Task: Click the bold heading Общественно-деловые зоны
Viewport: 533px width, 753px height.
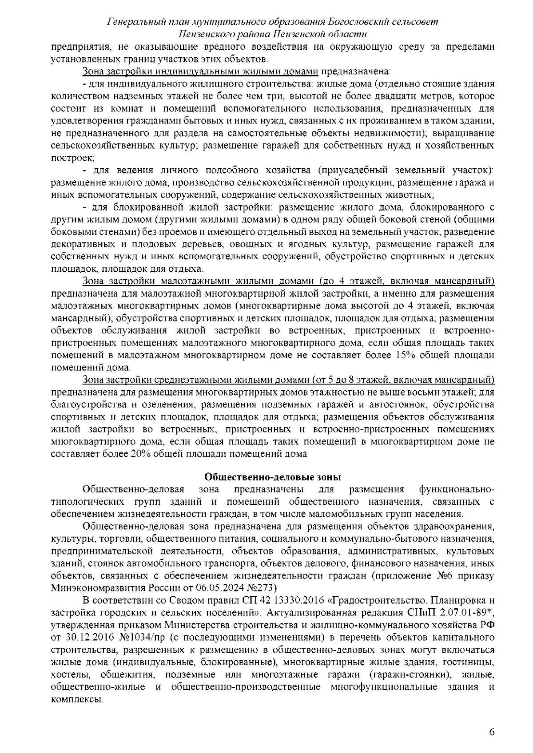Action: click(272, 477)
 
